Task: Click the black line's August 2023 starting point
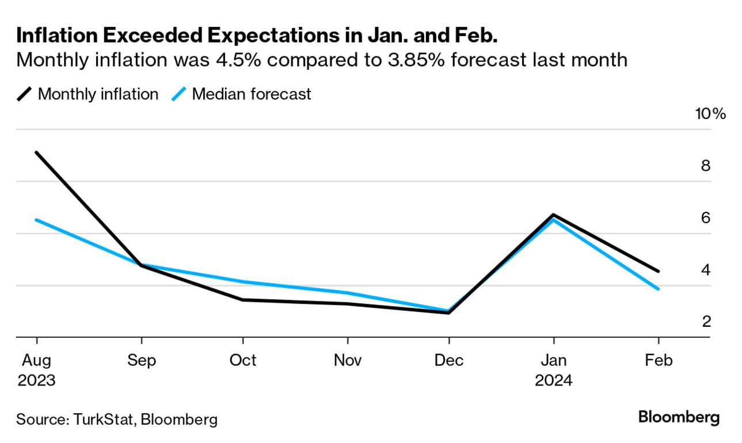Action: [37, 152]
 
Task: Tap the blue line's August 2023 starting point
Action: [37, 220]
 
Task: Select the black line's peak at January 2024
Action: [553, 215]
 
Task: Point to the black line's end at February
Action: [658, 271]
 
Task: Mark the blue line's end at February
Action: [658, 289]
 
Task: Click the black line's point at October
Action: [243, 300]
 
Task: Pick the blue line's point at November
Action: [347, 293]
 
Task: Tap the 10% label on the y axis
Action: [711, 113]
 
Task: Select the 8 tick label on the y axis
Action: [706, 166]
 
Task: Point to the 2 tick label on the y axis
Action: [706, 321]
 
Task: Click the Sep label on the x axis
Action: [141, 360]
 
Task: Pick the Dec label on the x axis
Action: [448, 360]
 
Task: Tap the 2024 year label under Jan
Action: [553, 380]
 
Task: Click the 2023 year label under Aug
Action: [36, 380]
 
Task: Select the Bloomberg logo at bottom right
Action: [679, 417]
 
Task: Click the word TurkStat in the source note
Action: [104, 419]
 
